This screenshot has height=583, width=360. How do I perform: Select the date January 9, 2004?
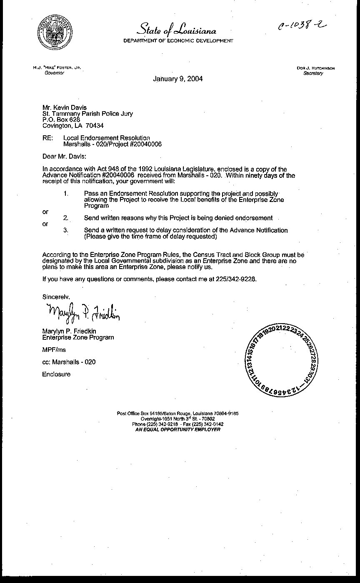tap(178, 79)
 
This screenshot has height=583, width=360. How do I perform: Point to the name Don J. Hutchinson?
tap(316, 68)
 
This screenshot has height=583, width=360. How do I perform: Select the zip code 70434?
tap(95, 125)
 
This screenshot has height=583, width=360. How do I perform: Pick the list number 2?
tap(66, 218)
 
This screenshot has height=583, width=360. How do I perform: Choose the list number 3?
tap(66, 230)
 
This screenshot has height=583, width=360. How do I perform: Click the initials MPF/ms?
tap(54, 350)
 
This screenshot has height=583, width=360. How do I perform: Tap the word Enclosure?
tap(56, 374)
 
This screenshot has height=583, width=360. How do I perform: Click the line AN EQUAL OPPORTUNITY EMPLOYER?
tap(178, 429)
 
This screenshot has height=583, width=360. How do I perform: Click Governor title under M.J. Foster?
tap(55, 73)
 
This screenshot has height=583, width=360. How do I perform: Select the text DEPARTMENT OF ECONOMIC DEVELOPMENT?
tap(178, 41)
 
